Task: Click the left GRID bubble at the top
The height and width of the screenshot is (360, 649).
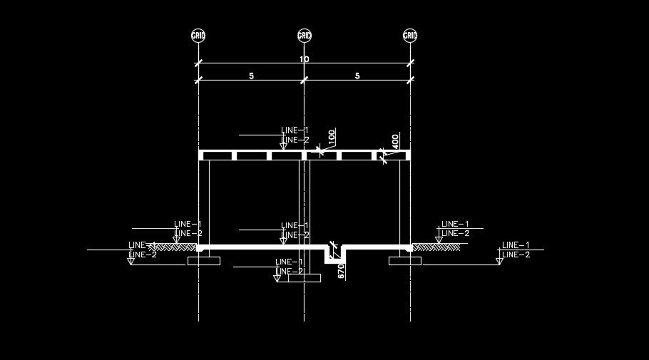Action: coord(198,35)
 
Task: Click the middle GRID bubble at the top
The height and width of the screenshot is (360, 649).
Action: coord(305,35)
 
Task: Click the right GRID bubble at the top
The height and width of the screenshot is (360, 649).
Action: coord(410,35)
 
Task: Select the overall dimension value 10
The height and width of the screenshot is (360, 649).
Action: coord(305,59)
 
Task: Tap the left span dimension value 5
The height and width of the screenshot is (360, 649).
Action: coord(252,76)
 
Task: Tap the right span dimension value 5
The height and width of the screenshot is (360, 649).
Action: coord(357,76)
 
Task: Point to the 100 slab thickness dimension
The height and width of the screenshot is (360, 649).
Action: coord(332,136)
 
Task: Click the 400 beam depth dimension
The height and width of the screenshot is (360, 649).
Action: coord(396,140)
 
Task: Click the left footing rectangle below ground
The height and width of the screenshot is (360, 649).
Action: coord(204,261)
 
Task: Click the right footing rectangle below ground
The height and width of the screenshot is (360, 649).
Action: coord(404,261)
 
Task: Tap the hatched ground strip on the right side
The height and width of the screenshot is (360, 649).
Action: coord(436,247)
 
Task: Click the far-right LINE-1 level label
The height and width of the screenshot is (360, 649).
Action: coord(516,245)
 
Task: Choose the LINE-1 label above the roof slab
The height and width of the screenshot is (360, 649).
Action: coord(295,130)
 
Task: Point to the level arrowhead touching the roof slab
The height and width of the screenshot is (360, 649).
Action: coord(284,148)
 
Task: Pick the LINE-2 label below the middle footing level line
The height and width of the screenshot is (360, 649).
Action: coord(290,272)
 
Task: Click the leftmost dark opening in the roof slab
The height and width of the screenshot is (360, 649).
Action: coord(218,155)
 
